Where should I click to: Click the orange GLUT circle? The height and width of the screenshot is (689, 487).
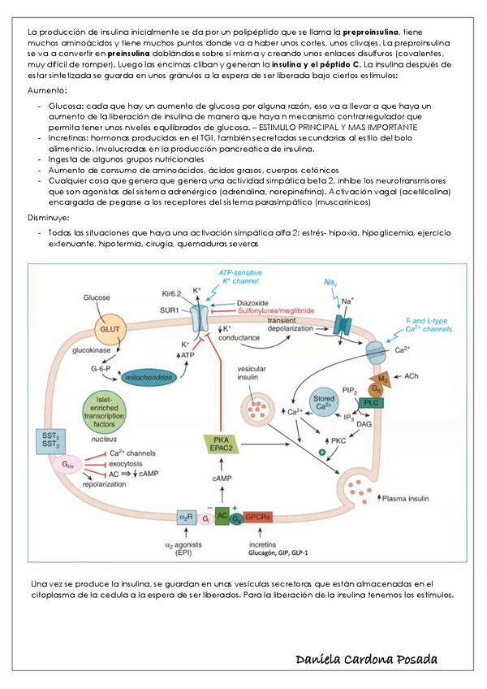[x=109, y=329]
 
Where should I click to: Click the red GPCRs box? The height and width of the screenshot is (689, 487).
[x=256, y=517]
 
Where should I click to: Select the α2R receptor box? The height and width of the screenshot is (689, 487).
[x=187, y=517]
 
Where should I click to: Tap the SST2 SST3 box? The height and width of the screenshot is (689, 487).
[x=50, y=440]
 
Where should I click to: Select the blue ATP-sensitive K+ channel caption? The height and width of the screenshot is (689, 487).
[x=241, y=275]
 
